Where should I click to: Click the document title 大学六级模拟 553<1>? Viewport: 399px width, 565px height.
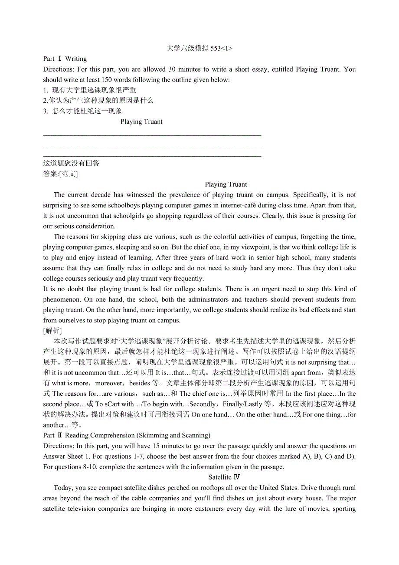(199, 48)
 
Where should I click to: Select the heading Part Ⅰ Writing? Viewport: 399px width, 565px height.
(65, 59)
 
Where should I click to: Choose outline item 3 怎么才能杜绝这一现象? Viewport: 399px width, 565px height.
(83, 111)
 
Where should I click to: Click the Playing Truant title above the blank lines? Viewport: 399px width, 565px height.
(141, 122)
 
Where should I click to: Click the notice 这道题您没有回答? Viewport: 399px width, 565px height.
(71, 163)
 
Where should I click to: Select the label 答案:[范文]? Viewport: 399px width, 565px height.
(60, 174)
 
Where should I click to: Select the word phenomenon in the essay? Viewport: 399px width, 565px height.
(61, 299)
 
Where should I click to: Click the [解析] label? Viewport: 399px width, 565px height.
(52, 331)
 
